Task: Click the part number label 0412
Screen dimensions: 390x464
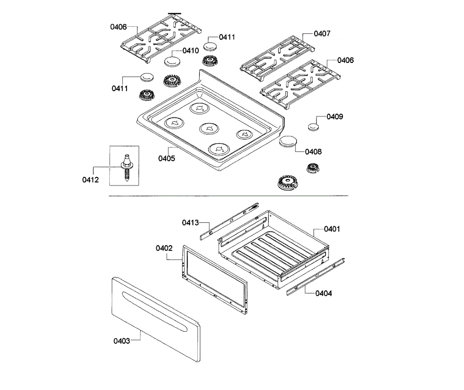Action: coord(90,180)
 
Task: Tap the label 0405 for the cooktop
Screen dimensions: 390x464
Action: coord(167,158)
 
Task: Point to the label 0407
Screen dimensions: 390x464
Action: coord(322,34)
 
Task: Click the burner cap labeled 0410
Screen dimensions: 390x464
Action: coord(171,61)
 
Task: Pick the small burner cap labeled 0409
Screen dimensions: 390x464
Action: coord(313,126)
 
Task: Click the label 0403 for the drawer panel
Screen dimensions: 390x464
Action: coord(122,341)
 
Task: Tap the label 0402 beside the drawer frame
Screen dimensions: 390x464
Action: coord(164,248)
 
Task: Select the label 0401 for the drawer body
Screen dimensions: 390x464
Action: coord(332,229)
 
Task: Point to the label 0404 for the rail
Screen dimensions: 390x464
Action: coord(324,293)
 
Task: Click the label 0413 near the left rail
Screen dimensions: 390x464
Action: coord(191,222)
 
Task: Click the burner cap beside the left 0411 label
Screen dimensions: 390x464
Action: coord(147,78)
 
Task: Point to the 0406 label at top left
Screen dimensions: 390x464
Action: coord(118,27)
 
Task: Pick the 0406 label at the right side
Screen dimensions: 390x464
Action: coord(345,60)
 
